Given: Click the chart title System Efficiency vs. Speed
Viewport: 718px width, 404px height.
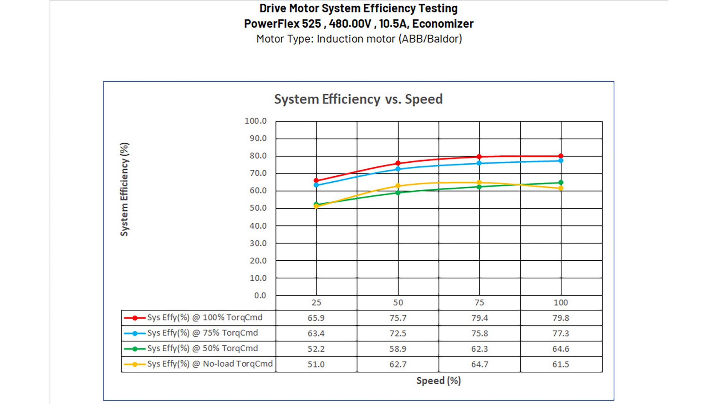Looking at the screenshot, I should coord(358,99).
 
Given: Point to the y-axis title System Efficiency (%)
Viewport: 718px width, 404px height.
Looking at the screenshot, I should coord(124,189).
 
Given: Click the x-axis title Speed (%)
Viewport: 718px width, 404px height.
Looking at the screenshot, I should coord(439,381).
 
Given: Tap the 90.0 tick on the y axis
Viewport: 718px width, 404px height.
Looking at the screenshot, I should coord(258,138).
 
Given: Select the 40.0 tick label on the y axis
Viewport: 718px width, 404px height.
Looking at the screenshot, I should coord(258,226).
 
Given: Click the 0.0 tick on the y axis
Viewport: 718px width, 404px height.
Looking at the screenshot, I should coord(260,296).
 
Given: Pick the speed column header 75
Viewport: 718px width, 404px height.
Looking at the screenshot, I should coord(479,303).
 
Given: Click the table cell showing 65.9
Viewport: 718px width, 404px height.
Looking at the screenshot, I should coord(316,318).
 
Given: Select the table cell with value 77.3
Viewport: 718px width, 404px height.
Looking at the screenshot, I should coord(561,333).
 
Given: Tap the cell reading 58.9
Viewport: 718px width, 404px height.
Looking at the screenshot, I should coord(398,349).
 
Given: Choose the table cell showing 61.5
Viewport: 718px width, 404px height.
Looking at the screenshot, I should coord(561,364).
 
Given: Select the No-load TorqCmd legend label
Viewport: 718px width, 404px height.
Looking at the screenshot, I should coord(210,364).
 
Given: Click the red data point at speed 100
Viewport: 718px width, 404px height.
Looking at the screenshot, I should coord(561,156).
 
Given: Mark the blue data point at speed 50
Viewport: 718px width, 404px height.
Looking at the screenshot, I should coord(398,169).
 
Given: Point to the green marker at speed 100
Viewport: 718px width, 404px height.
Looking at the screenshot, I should coord(561,183).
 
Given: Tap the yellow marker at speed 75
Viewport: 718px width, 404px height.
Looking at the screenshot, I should coord(479,182).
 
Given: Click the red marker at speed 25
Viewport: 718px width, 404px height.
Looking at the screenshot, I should coord(316,180).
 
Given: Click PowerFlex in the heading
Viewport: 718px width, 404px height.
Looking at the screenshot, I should coord(272,24).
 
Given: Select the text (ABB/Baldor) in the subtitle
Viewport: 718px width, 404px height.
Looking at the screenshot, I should coord(430,39).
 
